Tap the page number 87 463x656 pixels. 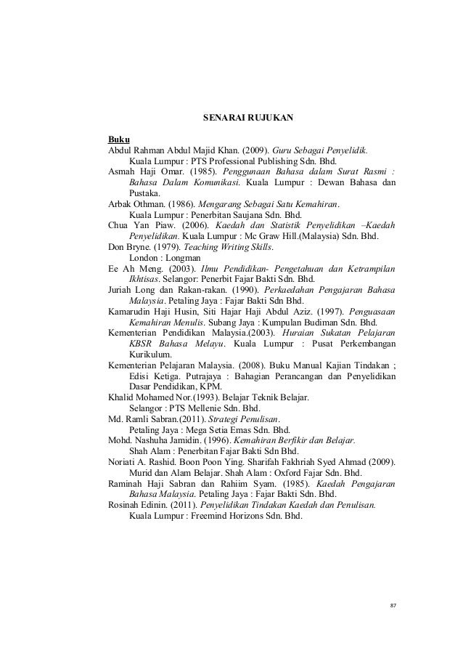[x=394, y=605]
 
